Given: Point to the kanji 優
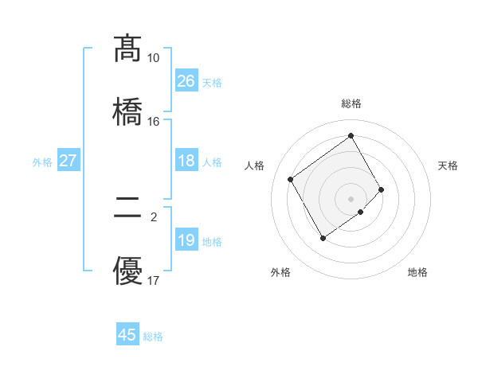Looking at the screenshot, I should pos(127,270).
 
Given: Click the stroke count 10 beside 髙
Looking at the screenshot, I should pos(153,58).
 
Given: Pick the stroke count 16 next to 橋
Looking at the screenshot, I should pos(153,122).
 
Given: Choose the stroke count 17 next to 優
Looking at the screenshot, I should pos(153,281).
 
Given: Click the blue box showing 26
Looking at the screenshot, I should pos(186,81).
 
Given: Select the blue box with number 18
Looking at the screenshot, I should pos(186,162).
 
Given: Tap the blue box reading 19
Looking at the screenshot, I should pos(186,240).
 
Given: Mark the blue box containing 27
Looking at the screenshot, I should pos(68,162).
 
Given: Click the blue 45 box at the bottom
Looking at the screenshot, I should pos(127,335).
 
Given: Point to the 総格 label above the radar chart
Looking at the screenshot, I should pos(351,103).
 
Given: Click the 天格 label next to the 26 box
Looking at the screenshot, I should pos(212,82).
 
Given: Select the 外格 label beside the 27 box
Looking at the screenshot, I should pos(42,162).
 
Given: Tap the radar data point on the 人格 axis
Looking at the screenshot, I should pos(291,179).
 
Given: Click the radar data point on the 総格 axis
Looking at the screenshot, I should pos(351,136).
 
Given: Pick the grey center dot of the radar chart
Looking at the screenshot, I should pos(351,198).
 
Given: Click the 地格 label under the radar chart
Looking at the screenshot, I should pos(417,273).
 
